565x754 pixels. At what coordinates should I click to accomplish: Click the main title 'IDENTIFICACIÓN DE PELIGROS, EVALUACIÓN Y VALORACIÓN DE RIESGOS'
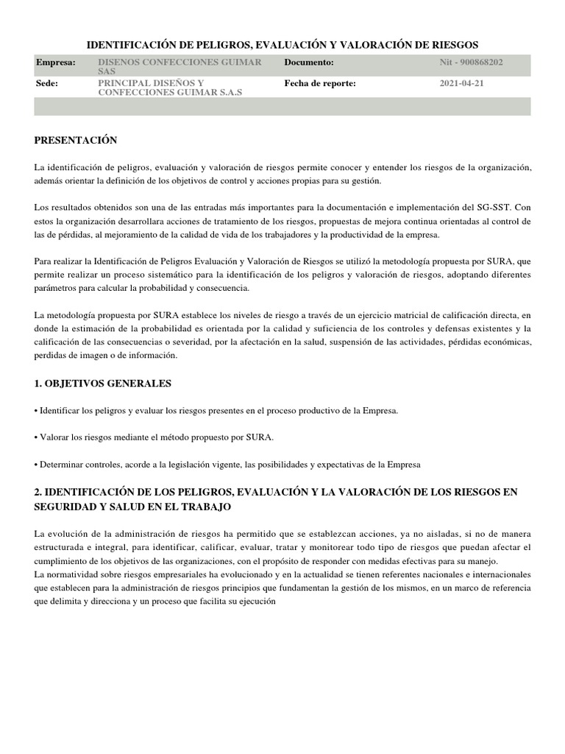pyautogui.click(x=282, y=46)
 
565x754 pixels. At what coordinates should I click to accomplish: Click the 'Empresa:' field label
pyautogui.click(x=56, y=63)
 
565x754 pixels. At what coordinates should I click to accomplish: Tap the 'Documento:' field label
pyautogui.click(x=309, y=63)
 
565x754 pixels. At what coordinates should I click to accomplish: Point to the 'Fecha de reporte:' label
pyautogui.click(x=320, y=84)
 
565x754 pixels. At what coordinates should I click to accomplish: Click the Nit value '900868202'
pyautogui.click(x=480, y=63)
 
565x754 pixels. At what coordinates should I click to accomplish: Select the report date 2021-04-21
pyautogui.click(x=462, y=84)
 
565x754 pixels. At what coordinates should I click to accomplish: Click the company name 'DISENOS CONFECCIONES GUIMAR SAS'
pyautogui.click(x=180, y=68)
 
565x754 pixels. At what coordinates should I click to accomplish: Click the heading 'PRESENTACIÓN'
pyautogui.click(x=76, y=140)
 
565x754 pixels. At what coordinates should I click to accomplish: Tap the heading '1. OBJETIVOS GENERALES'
pyautogui.click(x=103, y=384)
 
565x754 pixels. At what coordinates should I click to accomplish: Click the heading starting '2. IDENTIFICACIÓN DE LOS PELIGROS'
pyautogui.click(x=282, y=498)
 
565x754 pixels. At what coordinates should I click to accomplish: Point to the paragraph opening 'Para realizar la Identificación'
pyautogui.click(x=282, y=274)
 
